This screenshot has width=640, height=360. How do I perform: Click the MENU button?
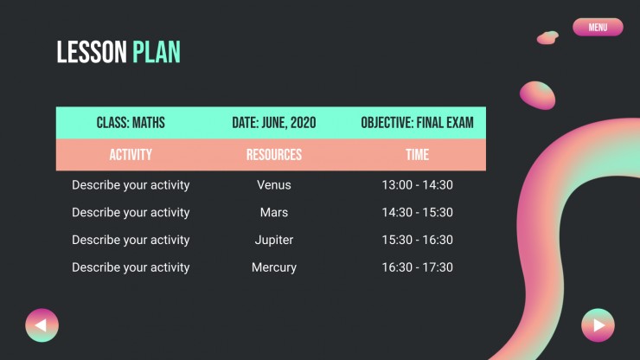[x=598, y=27]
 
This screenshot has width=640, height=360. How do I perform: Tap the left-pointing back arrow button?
[x=42, y=325]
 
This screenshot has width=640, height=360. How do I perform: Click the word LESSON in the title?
[x=92, y=52]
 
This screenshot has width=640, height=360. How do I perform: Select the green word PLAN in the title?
[x=157, y=52]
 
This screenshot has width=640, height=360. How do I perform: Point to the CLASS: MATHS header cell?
[x=131, y=123]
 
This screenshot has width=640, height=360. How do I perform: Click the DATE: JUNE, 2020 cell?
[x=274, y=123]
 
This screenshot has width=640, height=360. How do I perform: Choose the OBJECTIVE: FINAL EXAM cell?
[x=417, y=123]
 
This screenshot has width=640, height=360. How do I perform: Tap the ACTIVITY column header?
[x=131, y=155]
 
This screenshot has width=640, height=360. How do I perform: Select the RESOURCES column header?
[x=274, y=155]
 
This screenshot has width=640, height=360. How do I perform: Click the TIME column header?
[x=417, y=155]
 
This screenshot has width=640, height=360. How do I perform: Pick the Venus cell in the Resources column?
[x=274, y=185]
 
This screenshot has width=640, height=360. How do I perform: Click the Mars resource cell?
[x=274, y=213]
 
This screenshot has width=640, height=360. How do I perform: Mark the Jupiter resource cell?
[x=274, y=241]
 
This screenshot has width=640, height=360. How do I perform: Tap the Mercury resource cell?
[x=274, y=267]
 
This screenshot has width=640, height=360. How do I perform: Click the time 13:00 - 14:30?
[x=417, y=185]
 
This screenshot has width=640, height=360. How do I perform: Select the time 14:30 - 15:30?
[x=417, y=213]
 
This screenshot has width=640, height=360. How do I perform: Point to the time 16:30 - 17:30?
[x=417, y=267]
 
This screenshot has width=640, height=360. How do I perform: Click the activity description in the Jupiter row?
[x=131, y=241]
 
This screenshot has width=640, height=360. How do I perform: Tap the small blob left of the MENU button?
[x=547, y=37]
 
